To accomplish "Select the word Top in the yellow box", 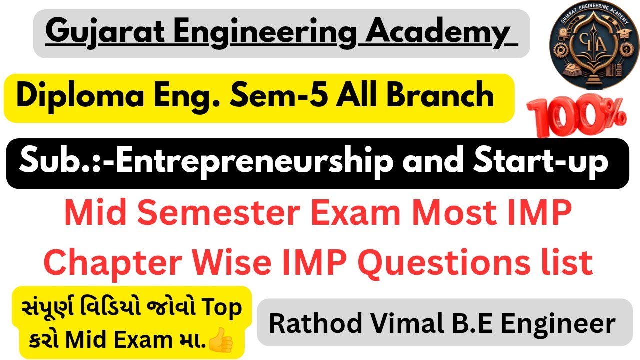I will [219, 309].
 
